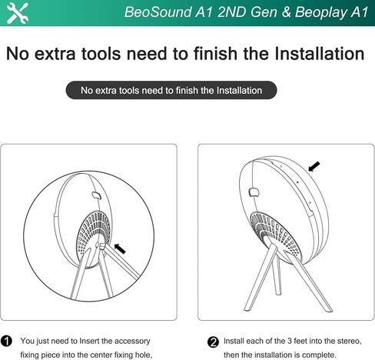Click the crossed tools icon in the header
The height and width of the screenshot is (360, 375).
point(17,13)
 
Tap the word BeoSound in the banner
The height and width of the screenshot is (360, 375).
point(158,12)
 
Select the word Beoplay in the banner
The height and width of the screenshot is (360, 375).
point(320,12)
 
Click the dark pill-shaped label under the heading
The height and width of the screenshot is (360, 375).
point(171,90)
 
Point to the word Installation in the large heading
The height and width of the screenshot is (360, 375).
point(320,54)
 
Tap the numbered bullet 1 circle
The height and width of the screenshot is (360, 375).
point(6,342)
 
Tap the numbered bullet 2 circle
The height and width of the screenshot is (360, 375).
point(213,342)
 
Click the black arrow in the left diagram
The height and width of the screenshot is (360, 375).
point(120,248)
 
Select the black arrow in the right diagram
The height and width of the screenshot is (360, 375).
point(314,166)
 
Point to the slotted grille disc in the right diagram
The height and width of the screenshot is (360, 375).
point(274,233)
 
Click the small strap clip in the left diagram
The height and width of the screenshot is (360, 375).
point(97,195)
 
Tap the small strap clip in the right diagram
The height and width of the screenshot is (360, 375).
point(254,192)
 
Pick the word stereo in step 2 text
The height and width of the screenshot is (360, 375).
point(349,342)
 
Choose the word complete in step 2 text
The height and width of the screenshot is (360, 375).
point(319,355)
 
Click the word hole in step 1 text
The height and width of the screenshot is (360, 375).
point(144,355)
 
